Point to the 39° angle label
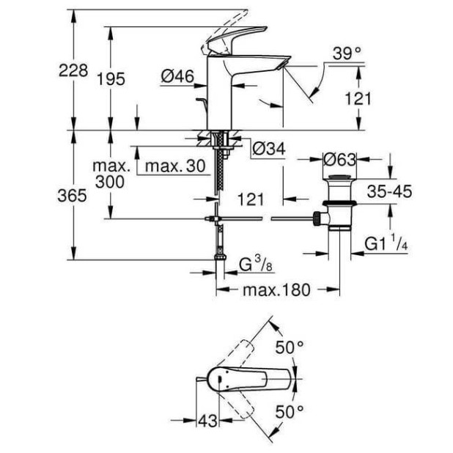click(x=347, y=53)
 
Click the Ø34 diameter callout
click(x=268, y=150)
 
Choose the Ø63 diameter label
click(x=340, y=158)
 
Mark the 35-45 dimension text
click(x=389, y=191)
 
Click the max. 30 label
click(x=174, y=166)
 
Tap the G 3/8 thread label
click(x=257, y=263)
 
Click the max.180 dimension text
click(x=276, y=290)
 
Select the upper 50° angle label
click(x=290, y=347)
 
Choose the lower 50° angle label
click(x=290, y=412)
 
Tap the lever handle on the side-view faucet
click(x=235, y=40)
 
